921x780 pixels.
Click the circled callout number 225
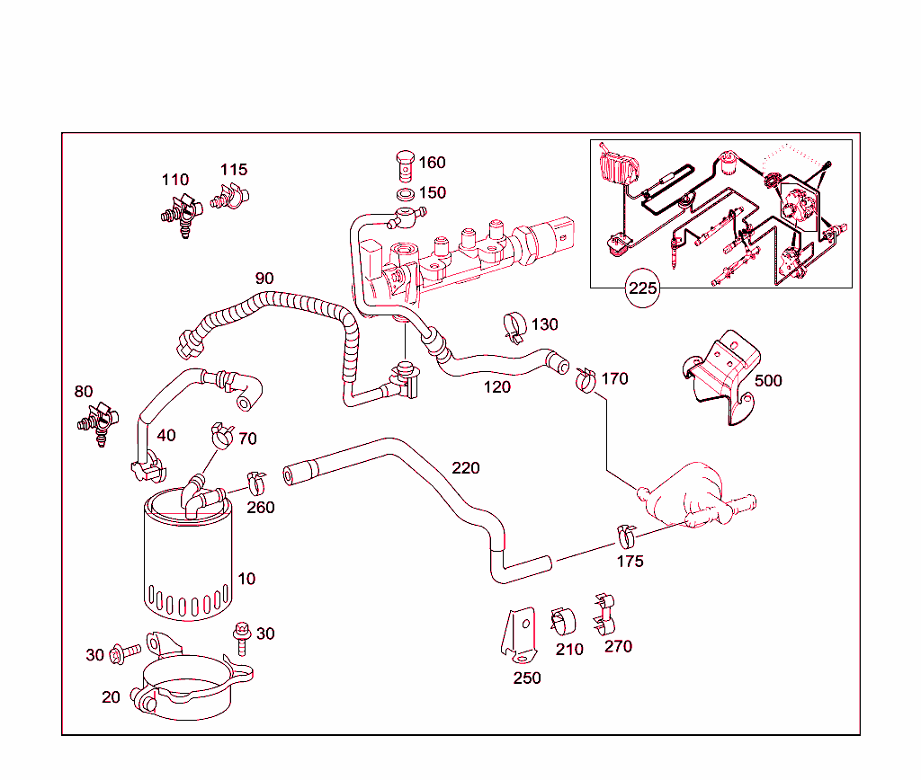click(x=643, y=289)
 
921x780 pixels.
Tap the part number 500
click(x=768, y=380)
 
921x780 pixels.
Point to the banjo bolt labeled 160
click(x=404, y=165)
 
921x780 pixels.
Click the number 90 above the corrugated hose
click(x=264, y=279)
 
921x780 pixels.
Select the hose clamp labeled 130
click(x=514, y=328)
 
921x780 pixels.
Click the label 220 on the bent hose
click(x=465, y=468)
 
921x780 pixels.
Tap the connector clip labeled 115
click(x=230, y=196)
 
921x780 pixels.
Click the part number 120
click(x=496, y=387)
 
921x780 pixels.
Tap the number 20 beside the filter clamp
click(x=111, y=697)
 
